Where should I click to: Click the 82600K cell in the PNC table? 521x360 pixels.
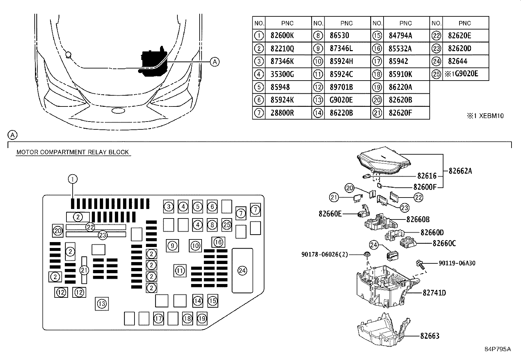point(282,36)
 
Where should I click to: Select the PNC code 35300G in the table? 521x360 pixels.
point(282,74)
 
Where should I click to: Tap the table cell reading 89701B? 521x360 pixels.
point(341,87)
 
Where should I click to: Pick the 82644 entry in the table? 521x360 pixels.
point(458,61)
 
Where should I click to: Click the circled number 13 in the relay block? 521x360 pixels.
point(102,304)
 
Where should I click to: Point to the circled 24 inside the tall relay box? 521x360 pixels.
point(242,271)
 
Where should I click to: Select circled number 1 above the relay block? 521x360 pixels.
point(73,179)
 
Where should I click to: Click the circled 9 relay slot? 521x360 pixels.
point(172,246)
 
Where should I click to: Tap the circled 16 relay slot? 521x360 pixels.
point(218,242)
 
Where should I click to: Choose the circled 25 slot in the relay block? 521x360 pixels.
point(227,225)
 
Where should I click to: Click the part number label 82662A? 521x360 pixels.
point(460,171)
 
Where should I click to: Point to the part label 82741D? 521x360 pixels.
point(434,293)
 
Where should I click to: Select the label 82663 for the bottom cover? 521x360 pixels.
point(430,336)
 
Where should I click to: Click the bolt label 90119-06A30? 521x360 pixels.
point(457,263)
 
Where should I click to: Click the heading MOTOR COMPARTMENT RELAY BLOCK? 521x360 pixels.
point(73,152)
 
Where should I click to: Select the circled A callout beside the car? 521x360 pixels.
point(214,61)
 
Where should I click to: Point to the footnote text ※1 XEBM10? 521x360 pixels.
point(485,116)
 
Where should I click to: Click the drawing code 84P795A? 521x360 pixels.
point(497,349)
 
